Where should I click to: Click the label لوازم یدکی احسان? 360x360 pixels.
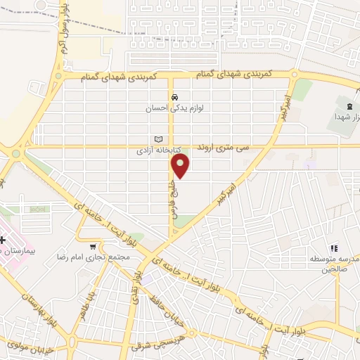[174, 110]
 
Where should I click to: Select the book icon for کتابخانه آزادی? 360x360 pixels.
[159, 140]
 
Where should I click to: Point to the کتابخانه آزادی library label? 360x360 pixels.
[160, 151]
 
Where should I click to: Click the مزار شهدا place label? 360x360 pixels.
[349, 115]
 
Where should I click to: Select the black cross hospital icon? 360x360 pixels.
[4, 240]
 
